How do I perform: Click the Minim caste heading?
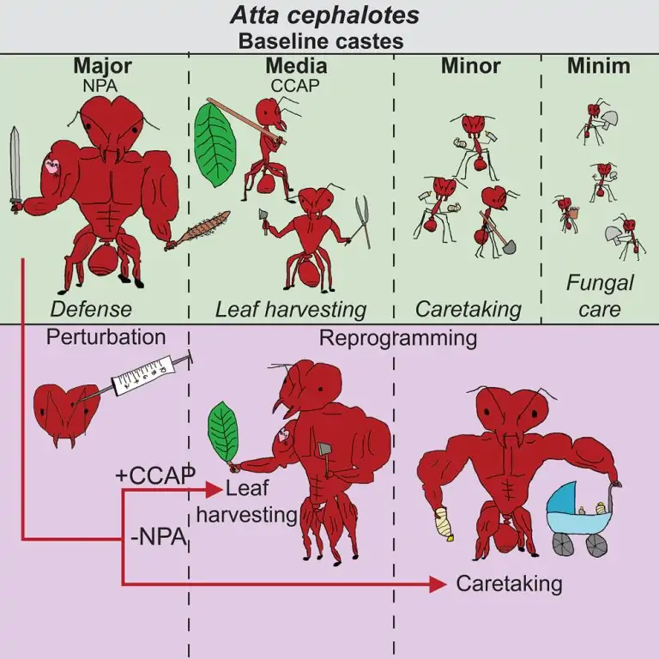(x=597, y=65)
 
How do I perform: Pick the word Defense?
(x=91, y=309)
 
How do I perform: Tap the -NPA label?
(x=161, y=539)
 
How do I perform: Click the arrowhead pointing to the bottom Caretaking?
(x=438, y=584)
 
